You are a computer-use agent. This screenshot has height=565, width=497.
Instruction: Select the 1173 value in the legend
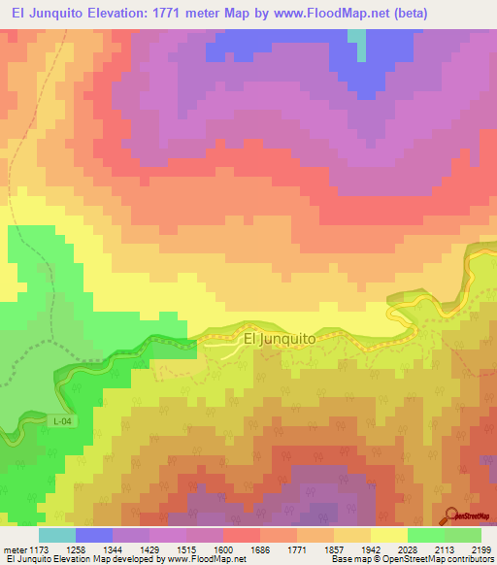(40, 549)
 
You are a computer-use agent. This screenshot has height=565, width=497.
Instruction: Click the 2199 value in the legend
(482, 549)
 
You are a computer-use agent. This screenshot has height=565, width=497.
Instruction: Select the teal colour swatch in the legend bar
(57, 535)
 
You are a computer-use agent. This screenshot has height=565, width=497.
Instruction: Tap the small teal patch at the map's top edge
(357, 38)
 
